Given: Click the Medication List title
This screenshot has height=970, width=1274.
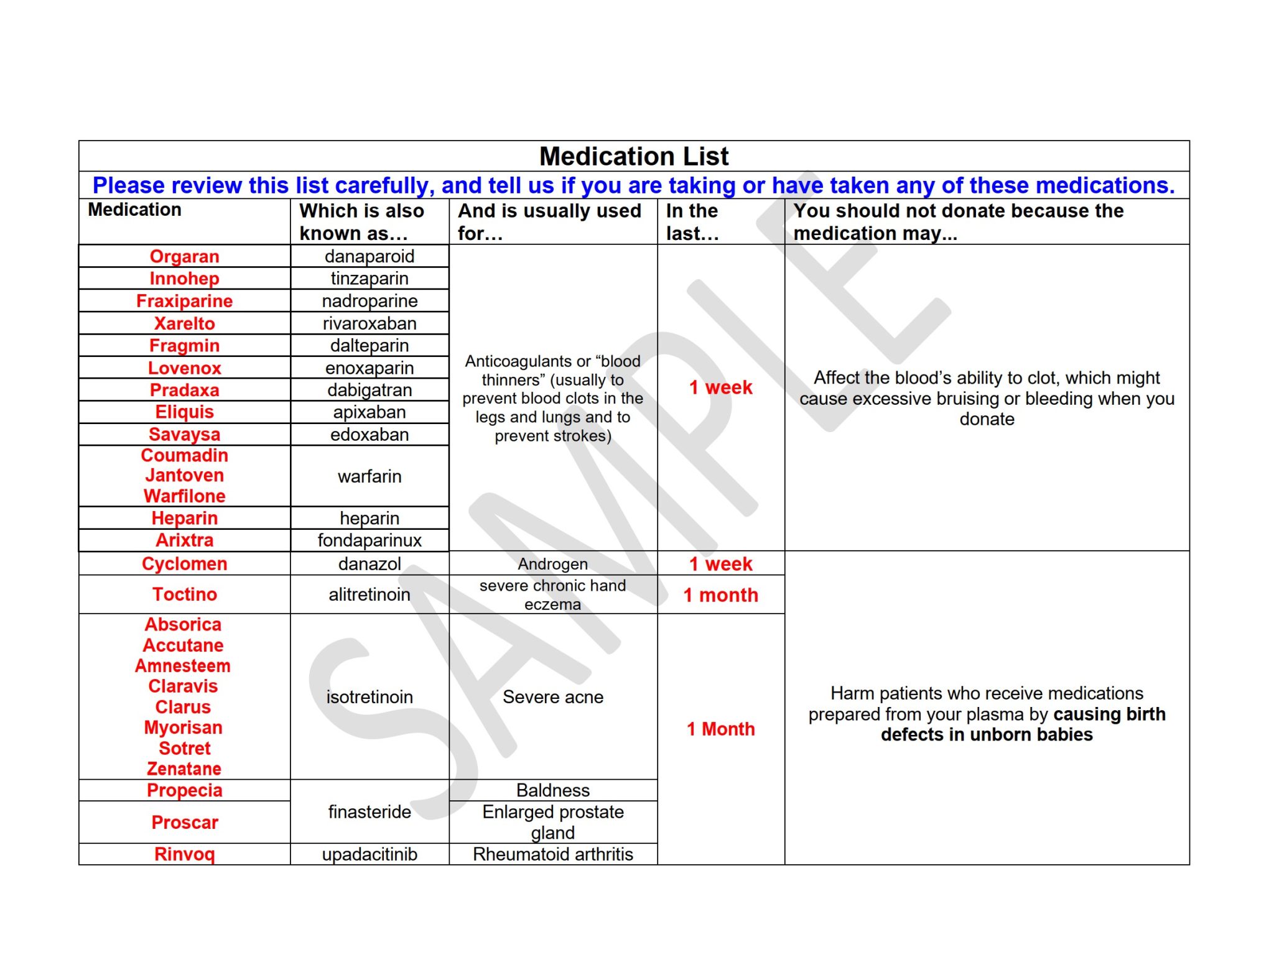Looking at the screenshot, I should pyautogui.click(x=633, y=156).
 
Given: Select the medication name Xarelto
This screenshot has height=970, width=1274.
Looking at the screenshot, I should pyautogui.click(x=184, y=323).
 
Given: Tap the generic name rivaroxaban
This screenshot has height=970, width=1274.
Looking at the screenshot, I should pyautogui.click(x=370, y=323).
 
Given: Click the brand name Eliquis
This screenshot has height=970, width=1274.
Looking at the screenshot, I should pyautogui.click(x=184, y=412).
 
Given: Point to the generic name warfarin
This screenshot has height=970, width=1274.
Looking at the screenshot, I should pyautogui.click(x=370, y=476).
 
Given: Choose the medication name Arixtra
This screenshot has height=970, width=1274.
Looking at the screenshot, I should pyautogui.click(x=184, y=540).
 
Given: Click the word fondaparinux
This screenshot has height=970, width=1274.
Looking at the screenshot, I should pyautogui.click(x=370, y=540).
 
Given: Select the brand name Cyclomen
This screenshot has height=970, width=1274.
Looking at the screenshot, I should pyautogui.click(x=184, y=564).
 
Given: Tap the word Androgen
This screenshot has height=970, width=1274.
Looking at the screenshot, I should pyautogui.click(x=552, y=564).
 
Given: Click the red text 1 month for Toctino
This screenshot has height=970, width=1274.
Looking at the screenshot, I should pyautogui.click(x=720, y=595).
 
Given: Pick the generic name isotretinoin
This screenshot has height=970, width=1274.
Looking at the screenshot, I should pyautogui.click(x=370, y=697).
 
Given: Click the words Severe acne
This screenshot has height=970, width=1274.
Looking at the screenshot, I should pyautogui.click(x=552, y=697).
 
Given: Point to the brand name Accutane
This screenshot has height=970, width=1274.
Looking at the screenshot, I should pyautogui.click(x=183, y=645).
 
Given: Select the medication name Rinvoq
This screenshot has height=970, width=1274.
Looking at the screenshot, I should pyautogui.click(x=184, y=854).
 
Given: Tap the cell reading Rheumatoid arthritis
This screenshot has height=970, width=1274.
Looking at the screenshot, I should pyautogui.click(x=552, y=854).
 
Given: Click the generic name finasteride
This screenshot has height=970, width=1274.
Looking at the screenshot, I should pyautogui.click(x=370, y=812).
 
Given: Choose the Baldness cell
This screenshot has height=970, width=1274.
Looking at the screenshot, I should pyautogui.click(x=552, y=790).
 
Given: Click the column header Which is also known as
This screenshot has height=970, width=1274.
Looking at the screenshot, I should pyautogui.click(x=361, y=222).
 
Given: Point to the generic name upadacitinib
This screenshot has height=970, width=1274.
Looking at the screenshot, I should pyautogui.click(x=370, y=854).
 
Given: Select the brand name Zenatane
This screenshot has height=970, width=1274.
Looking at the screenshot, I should pyautogui.click(x=184, y=769).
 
